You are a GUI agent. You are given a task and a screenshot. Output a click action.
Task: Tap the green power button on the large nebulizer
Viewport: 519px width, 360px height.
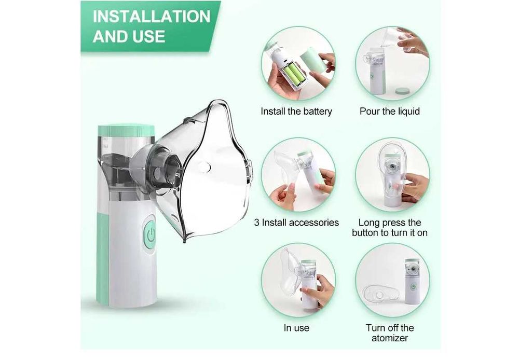(x=150, y=235)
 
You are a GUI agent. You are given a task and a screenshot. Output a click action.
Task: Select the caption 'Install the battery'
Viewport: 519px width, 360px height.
(x=296, y=111)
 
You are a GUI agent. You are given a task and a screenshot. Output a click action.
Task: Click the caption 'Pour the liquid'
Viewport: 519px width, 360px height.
(x=390, y=111)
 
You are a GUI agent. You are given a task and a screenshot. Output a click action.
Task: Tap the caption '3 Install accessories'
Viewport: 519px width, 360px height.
(x=296, y=223)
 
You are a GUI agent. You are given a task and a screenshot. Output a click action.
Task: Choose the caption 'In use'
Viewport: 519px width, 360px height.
(x=296, y=328)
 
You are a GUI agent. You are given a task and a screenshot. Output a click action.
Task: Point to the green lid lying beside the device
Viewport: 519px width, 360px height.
(x=403, y=91)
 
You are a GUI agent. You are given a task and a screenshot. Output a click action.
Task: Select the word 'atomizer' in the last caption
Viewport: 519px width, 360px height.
(x=390, y=338)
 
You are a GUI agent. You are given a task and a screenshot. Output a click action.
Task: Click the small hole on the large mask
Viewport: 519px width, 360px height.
(x=206, y=168)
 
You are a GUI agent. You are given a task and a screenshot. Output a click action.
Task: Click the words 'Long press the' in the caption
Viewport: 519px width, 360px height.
(x=390, y=223)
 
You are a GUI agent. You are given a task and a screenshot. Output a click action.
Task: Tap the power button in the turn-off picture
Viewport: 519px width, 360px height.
(x=413, y=287)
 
